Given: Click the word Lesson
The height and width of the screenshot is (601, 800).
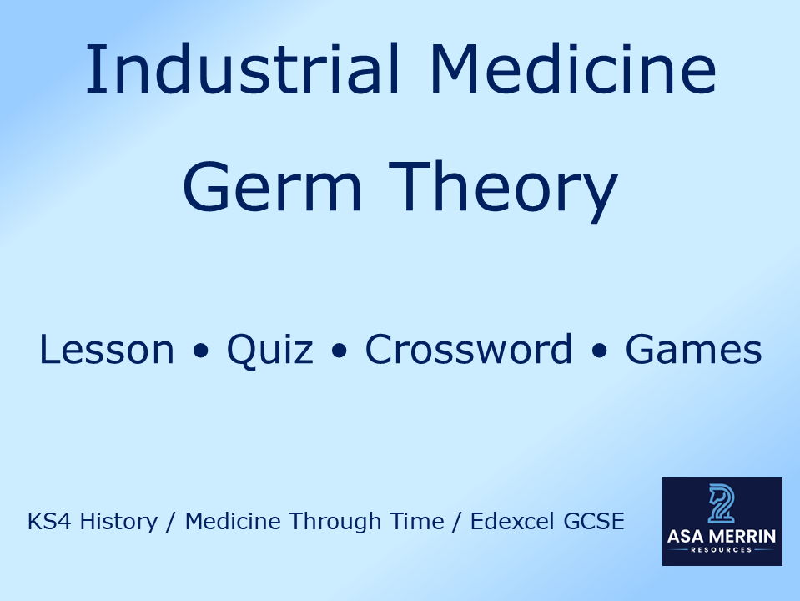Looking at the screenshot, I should tap(107, 350).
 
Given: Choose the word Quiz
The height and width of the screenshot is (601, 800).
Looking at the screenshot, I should tap(269, 351).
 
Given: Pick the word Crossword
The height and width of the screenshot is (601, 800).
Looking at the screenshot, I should tap(468, 350).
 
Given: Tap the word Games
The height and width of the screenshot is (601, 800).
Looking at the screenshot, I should tap(693, 350).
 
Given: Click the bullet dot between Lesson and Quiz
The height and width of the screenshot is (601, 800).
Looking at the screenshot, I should tap(200, 351).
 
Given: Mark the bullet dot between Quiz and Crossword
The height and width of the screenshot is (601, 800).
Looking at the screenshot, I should tap(339, 351).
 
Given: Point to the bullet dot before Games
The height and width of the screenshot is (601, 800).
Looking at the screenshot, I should tap(599, 351).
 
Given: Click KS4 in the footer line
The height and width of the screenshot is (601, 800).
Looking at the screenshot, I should tap(47, 523).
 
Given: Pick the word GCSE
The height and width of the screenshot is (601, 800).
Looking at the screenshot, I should tap(595, 523).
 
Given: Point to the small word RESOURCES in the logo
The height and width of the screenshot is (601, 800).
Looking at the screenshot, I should tap(722, 550).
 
